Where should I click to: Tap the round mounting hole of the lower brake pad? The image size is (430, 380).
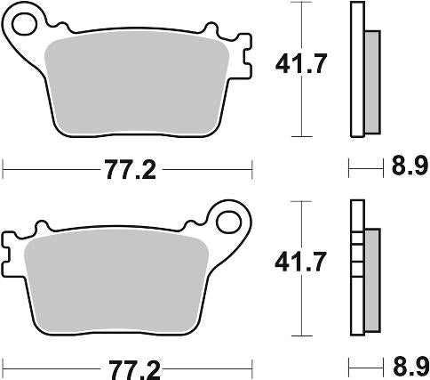click(234, 220)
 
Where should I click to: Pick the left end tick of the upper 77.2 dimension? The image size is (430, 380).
click(4, 166)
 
